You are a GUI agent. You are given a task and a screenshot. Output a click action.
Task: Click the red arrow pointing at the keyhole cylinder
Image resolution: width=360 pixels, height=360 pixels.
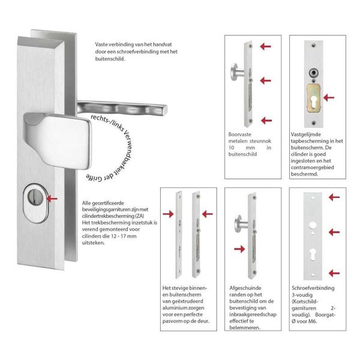(52, 199)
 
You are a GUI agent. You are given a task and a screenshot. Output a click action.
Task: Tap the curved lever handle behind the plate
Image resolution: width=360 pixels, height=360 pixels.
(122, 108)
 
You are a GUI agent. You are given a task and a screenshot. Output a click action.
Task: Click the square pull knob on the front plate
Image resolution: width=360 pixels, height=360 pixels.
(58, 140)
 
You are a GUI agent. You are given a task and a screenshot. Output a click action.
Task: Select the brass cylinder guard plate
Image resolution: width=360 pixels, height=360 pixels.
(314, 98)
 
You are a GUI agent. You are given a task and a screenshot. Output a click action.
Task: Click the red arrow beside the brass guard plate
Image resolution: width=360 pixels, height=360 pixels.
(329, 98)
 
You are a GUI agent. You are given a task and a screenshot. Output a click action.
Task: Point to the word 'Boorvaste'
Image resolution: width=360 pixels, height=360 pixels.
(239, 134)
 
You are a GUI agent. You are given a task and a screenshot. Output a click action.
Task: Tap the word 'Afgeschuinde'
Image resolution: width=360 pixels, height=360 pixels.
(245, 288)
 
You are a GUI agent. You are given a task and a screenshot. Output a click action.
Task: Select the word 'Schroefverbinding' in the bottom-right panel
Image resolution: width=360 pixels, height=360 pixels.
(313, 288)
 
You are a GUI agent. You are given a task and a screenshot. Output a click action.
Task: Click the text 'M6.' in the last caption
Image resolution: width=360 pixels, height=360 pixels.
(313, 321)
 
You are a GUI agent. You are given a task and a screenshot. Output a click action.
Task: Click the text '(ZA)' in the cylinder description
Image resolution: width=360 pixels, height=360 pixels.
(139, 216)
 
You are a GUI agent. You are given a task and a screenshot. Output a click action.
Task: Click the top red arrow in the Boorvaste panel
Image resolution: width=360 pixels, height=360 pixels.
(266, 46)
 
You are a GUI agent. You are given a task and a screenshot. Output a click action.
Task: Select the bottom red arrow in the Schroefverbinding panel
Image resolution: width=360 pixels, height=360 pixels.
(334, 273)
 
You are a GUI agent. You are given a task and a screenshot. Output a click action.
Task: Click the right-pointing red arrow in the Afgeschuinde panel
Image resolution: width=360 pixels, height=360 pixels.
(239, 249)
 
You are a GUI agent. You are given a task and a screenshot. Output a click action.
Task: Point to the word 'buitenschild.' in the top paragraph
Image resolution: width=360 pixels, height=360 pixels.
(110, 59)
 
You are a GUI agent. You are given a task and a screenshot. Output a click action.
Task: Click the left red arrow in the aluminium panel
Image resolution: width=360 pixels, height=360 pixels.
(168, 214)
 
